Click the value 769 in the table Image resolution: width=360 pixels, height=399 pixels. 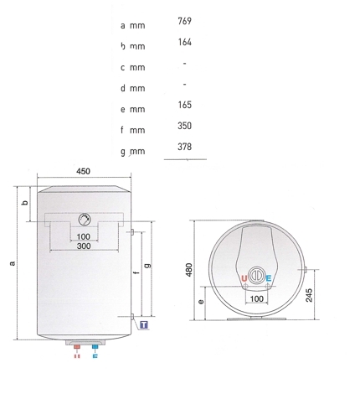click(186, 20)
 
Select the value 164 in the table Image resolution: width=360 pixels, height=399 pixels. click(186, 40)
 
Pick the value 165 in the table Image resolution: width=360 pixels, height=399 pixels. click(186, 106)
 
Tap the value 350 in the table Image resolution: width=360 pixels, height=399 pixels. click(186, 127)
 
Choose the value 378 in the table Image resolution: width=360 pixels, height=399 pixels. click(186, 148)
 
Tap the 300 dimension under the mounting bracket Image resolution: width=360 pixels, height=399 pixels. click(84, 246)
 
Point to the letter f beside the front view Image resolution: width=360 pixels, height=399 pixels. click(135, 273)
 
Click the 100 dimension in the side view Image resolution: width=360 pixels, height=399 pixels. click(256, 298)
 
